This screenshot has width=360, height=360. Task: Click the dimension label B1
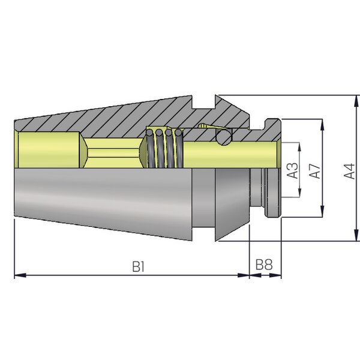[138, 266]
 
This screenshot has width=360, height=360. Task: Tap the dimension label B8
[264, 264]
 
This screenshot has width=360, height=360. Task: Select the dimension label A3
[293, 170]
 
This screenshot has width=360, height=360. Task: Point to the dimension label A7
[314, 171]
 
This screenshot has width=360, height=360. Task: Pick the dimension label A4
[349, 171]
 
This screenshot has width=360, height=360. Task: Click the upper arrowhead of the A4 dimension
[356, 101]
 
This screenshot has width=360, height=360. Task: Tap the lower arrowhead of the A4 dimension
[356, 235]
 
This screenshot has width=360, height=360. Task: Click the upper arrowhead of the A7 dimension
[323, 125]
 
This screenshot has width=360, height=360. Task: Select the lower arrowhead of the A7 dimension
[323, 211]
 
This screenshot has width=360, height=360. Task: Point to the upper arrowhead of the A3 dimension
[299, 147]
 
